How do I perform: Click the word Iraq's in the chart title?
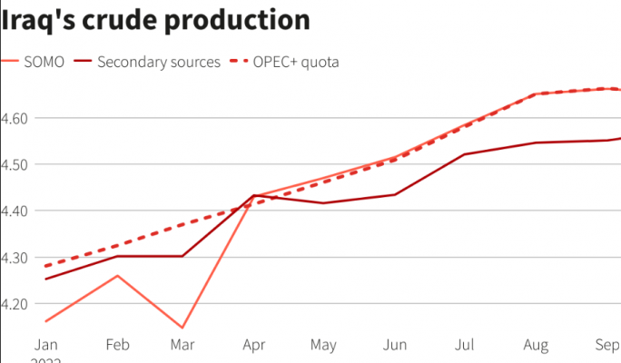tap(39, 19)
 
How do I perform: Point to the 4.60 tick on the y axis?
tap(16, 118)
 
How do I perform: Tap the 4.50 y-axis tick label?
tap(16, 164)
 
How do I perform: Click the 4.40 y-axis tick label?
tap(16, 211)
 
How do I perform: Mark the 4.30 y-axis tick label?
tap(16, 257)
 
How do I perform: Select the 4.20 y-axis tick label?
tap(16, 303)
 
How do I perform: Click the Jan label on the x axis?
tap(45, 345)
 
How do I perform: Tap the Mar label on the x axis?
tap(183, 345)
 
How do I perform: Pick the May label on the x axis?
tap(323, 345)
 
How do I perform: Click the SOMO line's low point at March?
tap(183, 328)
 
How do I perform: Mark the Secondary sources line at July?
tap(465, 154)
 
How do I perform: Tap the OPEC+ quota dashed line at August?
tap(536, 93)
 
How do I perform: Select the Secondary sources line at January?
tap(45, 279)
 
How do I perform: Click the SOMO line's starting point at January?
tap(45, 321)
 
